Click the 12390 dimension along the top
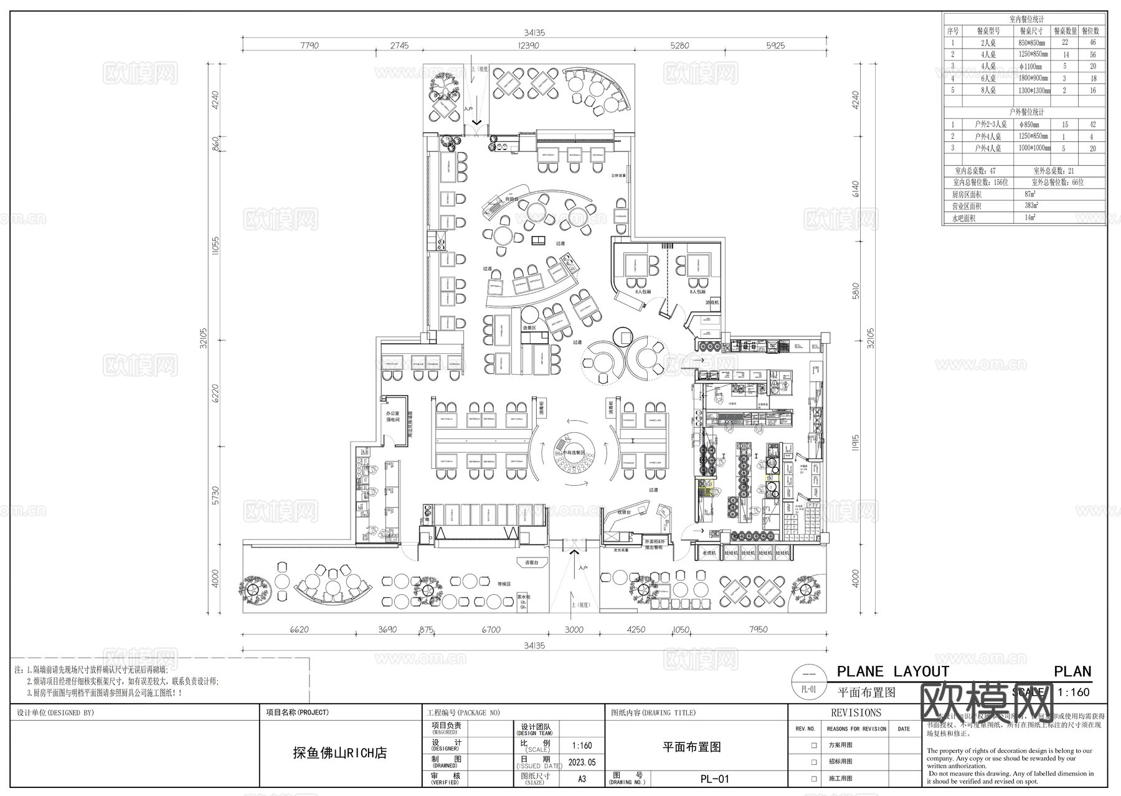point(527,45)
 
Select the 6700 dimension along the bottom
point(491,630)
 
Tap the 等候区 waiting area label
point(503,584)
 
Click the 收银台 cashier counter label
point(625,512)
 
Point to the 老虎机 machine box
point(709,552)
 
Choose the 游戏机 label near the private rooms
point(712,303)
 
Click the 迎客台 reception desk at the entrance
point(531,562)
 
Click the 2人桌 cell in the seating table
point(988,43)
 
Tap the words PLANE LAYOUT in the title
point(892,671)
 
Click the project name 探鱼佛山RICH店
point(340,753)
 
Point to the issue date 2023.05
point(582,762)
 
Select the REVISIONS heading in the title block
point(856,713)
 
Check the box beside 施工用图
point(814,779)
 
